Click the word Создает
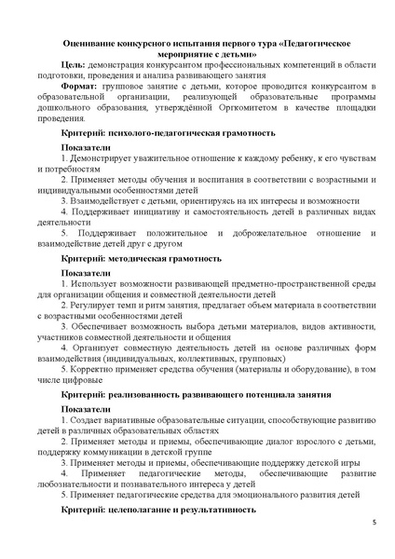[92, 434]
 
